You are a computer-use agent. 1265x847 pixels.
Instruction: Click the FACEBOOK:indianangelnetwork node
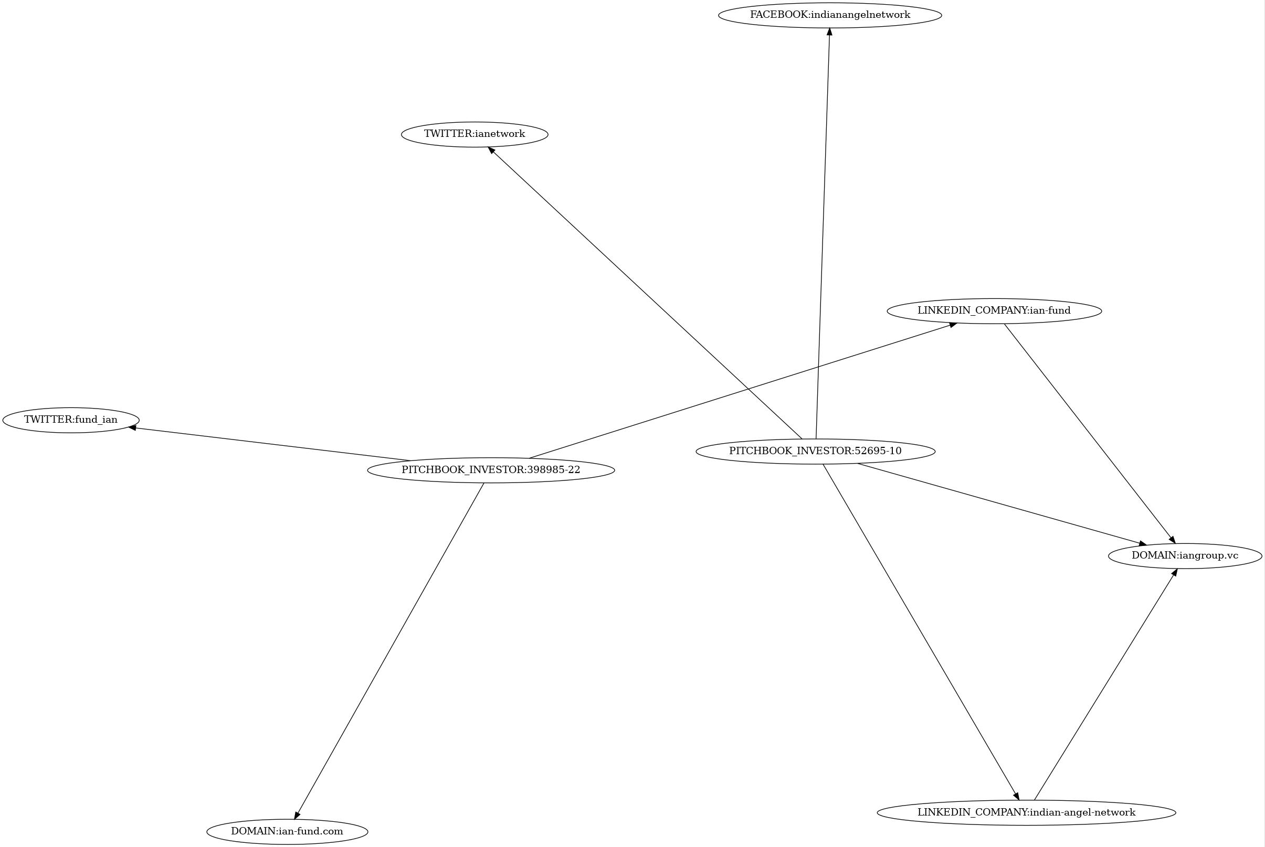click(830, 15)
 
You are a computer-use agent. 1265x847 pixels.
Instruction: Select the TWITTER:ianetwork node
click(474, 134)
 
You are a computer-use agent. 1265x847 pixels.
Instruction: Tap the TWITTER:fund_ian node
click(71, 420)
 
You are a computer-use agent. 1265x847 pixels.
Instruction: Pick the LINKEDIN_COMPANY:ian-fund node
click(994, 310)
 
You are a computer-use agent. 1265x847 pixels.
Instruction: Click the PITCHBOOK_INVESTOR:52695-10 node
click(815, 451)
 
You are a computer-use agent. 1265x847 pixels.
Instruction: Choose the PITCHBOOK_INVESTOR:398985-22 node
click(491, 469)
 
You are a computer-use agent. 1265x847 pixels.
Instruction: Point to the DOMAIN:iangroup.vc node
click(1185, 555)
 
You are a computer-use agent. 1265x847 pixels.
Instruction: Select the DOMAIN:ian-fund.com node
click(287, 831)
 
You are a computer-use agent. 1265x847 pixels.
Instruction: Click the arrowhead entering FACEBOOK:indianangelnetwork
click(829, 31)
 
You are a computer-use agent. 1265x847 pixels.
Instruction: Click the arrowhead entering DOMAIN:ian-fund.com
click(296, 815)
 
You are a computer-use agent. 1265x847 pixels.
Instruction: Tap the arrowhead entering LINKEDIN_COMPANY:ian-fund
click(953, 324)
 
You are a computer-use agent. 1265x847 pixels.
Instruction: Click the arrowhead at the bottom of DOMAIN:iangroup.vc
click(1174, 572)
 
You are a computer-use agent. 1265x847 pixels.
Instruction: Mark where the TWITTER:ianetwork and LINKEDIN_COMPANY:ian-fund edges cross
click(747, 389)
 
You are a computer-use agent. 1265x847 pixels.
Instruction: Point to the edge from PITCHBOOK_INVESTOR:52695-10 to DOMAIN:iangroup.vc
click(1000, 503)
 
